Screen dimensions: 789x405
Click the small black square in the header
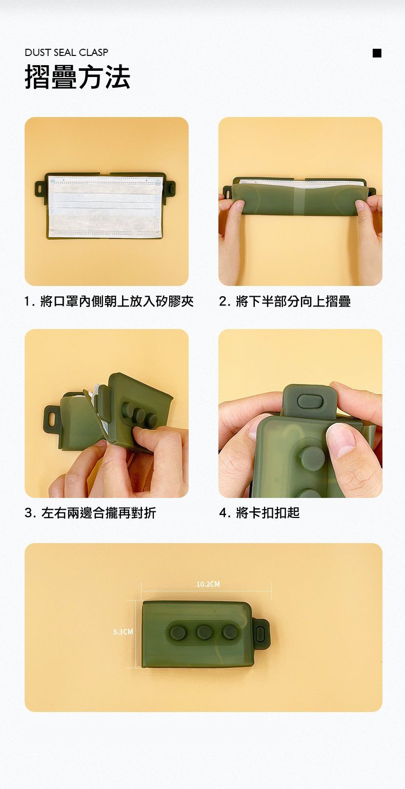(x=377, y=53)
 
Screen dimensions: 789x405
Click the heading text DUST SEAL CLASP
(x=67, y=52)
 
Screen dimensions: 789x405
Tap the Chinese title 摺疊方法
(x=77, y=77)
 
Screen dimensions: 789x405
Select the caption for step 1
(x=109, y=301)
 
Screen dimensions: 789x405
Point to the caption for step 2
(x=285, y=301)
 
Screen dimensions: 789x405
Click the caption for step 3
(x=90, y=512)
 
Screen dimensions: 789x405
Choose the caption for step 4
(x=259, y=512)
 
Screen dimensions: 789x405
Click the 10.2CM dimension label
(x=208, y=584)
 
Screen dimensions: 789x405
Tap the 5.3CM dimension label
(x=123, y=632)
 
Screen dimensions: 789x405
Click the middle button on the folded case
(x=204, y=632)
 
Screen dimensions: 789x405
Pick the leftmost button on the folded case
(x=179, y=632)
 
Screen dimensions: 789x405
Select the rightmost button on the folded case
(x=229, y=632)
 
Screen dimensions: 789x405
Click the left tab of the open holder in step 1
(x=39, y=188)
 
